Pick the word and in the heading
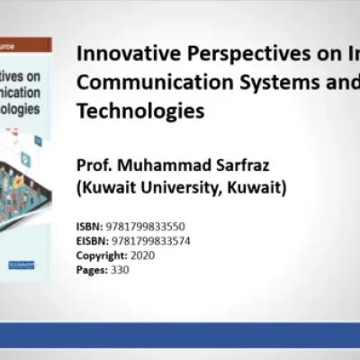pos(346,83)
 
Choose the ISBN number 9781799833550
pos(143,227)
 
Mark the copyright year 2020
pos(142,255)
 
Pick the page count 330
pos(120,269)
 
